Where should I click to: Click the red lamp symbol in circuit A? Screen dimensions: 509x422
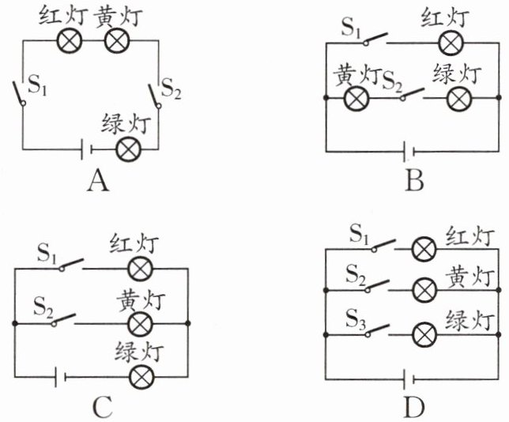coord(70,40)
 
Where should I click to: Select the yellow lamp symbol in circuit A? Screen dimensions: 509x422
coord(117,40)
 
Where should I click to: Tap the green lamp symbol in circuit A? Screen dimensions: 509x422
coord(129,149)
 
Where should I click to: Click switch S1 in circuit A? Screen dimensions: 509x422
coord(20,92)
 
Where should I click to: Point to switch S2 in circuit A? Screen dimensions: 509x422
coord(155,96)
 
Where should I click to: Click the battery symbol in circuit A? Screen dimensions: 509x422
coord(87,149)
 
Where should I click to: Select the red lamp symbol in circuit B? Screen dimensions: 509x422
coord(451,43)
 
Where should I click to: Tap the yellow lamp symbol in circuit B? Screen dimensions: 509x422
coord(356,98)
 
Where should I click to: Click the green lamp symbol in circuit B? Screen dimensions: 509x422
coord(459,98)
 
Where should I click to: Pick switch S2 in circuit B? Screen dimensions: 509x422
coord(413,93)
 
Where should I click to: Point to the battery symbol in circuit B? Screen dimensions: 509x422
coord(409,152)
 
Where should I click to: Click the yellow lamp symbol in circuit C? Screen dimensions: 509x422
coord(140,324)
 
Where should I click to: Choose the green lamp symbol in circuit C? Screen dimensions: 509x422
coord(141,376)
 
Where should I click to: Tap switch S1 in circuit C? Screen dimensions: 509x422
coord(71,265)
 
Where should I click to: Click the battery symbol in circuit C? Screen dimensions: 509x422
coord(61,376)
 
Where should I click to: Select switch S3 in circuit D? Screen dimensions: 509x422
coord(377,330)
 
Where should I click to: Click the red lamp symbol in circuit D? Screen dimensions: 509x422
coord(424,249)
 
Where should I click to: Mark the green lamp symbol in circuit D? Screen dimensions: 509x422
coord(424,335)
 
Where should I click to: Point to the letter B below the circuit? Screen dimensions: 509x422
coord(414,180)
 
